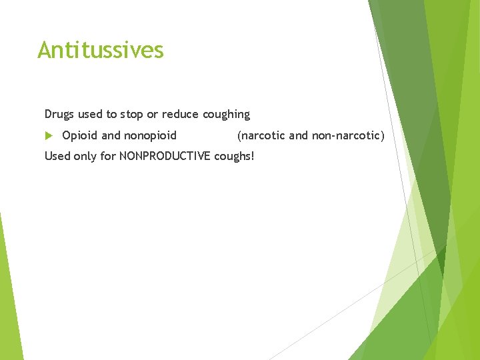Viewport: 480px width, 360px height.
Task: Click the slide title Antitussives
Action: (101, 50)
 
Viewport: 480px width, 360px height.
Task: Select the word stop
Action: (131, 114)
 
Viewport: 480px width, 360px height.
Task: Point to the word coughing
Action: (226, 115)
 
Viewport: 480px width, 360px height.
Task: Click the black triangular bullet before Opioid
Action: (48, 135)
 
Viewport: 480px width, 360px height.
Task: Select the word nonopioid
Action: (151, 135)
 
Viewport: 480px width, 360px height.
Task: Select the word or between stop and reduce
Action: (153, 114)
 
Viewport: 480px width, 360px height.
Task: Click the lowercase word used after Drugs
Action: (90, 114)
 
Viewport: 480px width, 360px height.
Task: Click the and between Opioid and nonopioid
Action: (111, 135)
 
